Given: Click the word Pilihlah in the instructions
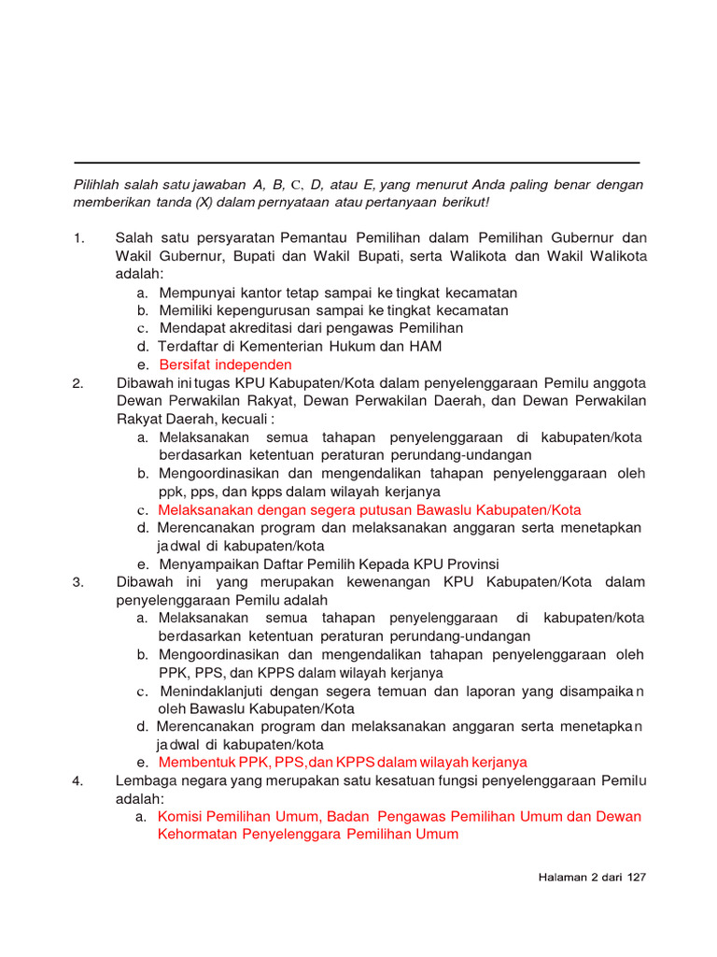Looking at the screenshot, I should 98,184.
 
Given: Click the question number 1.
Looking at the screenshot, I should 78,238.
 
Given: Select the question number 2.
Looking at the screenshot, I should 78,383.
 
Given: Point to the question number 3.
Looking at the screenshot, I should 78,582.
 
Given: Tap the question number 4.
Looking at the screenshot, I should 78,780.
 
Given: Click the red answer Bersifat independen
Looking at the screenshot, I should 225,364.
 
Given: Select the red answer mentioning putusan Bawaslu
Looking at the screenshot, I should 369,510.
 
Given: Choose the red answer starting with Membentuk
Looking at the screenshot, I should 343,762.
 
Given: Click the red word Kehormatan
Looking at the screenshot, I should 197,834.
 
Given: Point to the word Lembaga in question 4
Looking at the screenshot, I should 145,780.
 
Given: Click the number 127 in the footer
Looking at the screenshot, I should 637,878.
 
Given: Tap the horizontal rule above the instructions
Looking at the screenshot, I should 357,162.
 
